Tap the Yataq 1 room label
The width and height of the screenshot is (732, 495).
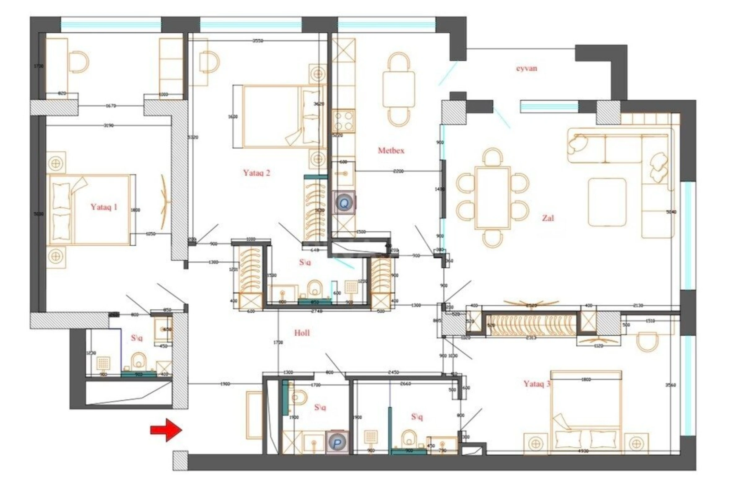(104, 207)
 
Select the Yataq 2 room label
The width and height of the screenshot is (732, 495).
(256, 173)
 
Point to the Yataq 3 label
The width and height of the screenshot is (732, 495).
(537, 384)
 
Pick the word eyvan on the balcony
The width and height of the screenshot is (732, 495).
(526, 68)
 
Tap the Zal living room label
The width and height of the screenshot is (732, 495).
(548, 217)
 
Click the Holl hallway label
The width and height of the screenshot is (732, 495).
(302, 333)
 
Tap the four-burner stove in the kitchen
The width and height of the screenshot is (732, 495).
(343, 121)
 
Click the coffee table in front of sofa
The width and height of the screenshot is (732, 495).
(607, 202)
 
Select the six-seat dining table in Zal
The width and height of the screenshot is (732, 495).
(493, 197)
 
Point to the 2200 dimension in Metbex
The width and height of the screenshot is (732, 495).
(398, 171)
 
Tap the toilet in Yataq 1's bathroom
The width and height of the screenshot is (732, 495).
(138, 361)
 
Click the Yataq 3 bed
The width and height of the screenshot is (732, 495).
(586, 416)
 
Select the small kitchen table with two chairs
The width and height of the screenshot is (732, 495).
(398, 89)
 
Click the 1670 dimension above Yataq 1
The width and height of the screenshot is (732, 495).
(111, 106)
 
